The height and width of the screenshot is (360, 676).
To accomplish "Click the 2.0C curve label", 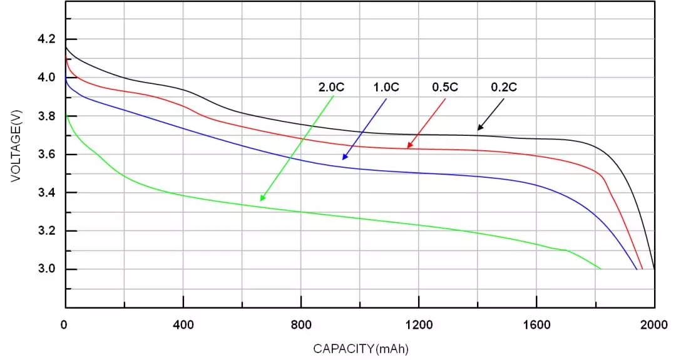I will (x=332, y=88).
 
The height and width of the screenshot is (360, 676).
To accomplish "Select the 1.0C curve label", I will (x=386, y=88).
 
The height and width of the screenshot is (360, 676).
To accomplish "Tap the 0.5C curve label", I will (x=445, y=88).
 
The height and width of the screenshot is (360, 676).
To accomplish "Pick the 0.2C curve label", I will (x=504, y=88).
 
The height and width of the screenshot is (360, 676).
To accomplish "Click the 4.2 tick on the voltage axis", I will (x=47, y=39).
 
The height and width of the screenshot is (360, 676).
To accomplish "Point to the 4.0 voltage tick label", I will (x=47, y=78).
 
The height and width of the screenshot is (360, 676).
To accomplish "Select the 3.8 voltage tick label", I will (x=47, y=116).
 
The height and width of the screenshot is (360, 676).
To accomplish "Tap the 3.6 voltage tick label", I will (x=47, y=154).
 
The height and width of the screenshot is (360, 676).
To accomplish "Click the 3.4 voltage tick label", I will (x=47, y=193).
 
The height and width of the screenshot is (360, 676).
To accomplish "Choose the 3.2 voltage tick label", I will (x=47, y=231).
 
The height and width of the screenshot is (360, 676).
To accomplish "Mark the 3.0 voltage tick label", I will (x=47, y=269).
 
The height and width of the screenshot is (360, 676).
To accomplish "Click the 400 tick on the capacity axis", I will (x=183, y=326).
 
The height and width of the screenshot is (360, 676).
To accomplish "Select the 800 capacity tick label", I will (x=301, y=326).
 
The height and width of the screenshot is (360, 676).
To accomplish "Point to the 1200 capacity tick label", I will (x=419, y=326).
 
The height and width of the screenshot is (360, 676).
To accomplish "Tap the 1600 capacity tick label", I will (x=536, y=326).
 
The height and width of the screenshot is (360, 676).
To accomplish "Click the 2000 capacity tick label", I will (x=654, y=326).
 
